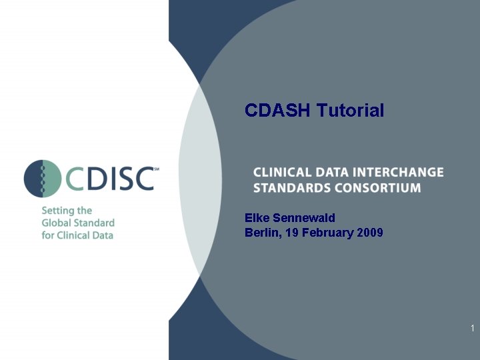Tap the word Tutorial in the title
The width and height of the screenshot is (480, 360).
pos(350,110)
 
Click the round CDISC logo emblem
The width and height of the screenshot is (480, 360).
pos(43,179)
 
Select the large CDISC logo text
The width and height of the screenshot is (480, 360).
pos(110,179)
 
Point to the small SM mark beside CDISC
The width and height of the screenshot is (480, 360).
pos(156,169)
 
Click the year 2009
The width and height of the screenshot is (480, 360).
pos(370,233)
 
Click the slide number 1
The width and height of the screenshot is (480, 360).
pos(472,328)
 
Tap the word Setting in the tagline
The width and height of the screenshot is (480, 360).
pos(58,211)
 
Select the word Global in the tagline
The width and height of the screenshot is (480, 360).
pos(58,223)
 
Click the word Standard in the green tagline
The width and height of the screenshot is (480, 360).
pos(95,223)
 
